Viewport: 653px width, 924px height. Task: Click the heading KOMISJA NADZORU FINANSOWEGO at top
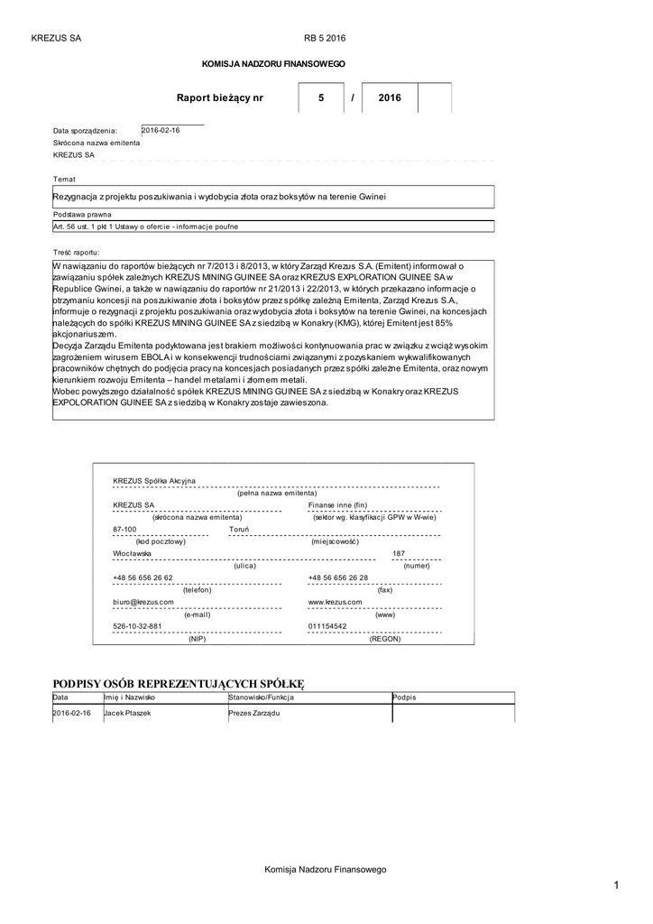click(x=272, y=65)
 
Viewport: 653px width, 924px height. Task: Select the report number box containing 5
click(x=320, y=97)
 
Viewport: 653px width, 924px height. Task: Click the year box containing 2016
click(x=390, y=97)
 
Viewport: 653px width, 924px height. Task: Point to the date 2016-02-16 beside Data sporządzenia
click(x=161, y=130)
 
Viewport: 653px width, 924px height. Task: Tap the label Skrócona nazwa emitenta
click(x=97, y=143)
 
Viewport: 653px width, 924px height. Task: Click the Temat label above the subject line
click(x=65, y=179)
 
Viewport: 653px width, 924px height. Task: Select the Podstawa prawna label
click(x=82, y=216)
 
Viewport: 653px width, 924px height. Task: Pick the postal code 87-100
click(x=124, y=529)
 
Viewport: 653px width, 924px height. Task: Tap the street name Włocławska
click(x=132, y=553)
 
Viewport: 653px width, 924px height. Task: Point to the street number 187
click(x=399, y=553)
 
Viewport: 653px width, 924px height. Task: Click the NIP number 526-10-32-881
click(x=137, y=625)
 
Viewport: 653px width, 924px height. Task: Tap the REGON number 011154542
click(x=326, y=625)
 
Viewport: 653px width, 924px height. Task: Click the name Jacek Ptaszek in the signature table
click(x=127, y=713)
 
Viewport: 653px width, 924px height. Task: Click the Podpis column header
click(x=405, y=698)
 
